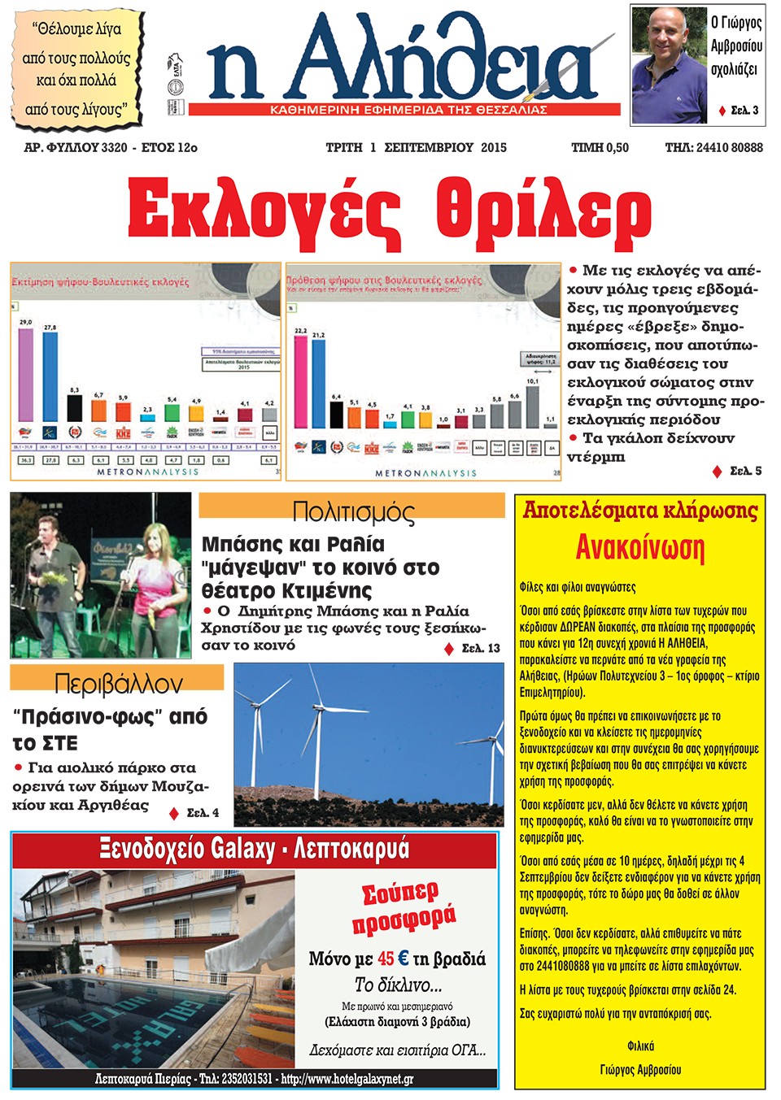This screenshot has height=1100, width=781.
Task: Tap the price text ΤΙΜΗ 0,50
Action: point(600,147)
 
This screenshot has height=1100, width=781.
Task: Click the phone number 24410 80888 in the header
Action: point(729,147)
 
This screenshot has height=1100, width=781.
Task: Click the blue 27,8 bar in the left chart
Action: point(50,378)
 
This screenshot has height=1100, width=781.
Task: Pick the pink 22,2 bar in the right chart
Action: point(301,380)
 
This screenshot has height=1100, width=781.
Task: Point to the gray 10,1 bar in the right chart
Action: point(533,407)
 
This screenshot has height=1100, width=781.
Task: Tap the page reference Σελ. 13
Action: point(481,648)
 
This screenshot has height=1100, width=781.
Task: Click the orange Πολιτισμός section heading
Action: point(352,511)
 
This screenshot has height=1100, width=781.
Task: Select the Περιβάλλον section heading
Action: point(118,683)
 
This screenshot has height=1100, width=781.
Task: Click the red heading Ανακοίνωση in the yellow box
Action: point(639,547)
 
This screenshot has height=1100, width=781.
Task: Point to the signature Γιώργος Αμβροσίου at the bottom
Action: point(640,1069)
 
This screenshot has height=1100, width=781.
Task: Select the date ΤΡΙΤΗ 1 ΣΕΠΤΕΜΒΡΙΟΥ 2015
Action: point(416,147)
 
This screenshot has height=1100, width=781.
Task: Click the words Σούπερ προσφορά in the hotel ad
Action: point(403,907)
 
